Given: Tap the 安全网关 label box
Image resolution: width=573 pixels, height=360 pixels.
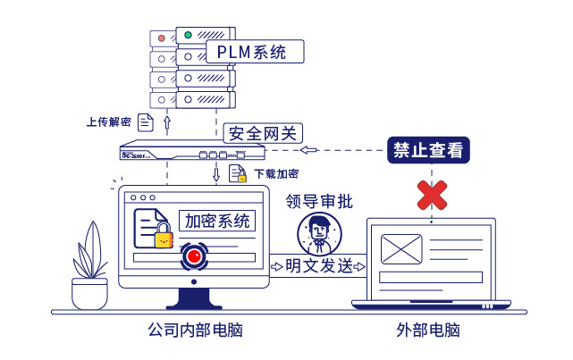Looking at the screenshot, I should [x=261, y=133].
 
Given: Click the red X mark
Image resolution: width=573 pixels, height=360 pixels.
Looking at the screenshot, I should [x=433, y=194].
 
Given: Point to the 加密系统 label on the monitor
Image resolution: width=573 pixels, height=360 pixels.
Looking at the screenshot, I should [x=217, y=221].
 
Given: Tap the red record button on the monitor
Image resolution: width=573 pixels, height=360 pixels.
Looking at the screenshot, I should [x=194, y=257].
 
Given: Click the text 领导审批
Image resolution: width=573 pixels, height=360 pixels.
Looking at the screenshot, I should [x=319, y=201].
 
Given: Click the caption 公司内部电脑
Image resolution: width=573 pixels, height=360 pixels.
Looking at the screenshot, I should [x=194, y=331].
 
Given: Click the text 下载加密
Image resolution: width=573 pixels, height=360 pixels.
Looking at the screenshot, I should [x=276, y=173].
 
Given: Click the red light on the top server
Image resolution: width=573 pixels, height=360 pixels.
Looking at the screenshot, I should [x=161, y=38].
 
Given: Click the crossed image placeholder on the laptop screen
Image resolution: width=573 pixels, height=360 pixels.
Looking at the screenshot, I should [x=400, y=248].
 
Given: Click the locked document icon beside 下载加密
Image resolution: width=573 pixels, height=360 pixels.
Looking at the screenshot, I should [x=238, y=174].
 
